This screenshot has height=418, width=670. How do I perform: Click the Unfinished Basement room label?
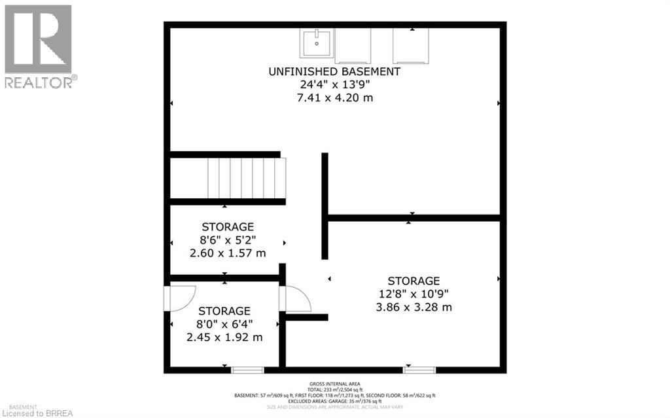[x=334, y=71]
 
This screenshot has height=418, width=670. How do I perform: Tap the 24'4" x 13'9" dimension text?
[x=334, y=84]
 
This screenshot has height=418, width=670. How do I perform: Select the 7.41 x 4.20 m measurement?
[x=334, y=97]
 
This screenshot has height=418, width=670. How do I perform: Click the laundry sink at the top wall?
[x=317, y=43]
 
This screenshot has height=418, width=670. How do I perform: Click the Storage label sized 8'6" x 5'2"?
[x=228, y=227]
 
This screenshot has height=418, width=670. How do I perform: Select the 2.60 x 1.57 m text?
[x=228, y=253]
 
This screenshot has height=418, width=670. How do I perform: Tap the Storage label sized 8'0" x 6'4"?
[x=224, y=311]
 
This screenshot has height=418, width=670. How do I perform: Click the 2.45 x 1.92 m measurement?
[x=224, y=338]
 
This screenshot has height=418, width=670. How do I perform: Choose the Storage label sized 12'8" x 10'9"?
[x=414, y=281]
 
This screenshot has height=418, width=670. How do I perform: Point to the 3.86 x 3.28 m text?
[x=414, y=307]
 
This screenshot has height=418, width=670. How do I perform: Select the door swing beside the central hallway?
[x=296, y=299]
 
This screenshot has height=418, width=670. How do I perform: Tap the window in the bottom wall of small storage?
[x=248, y=370]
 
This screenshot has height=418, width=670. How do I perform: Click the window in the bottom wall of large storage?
[x=419, y=370]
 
